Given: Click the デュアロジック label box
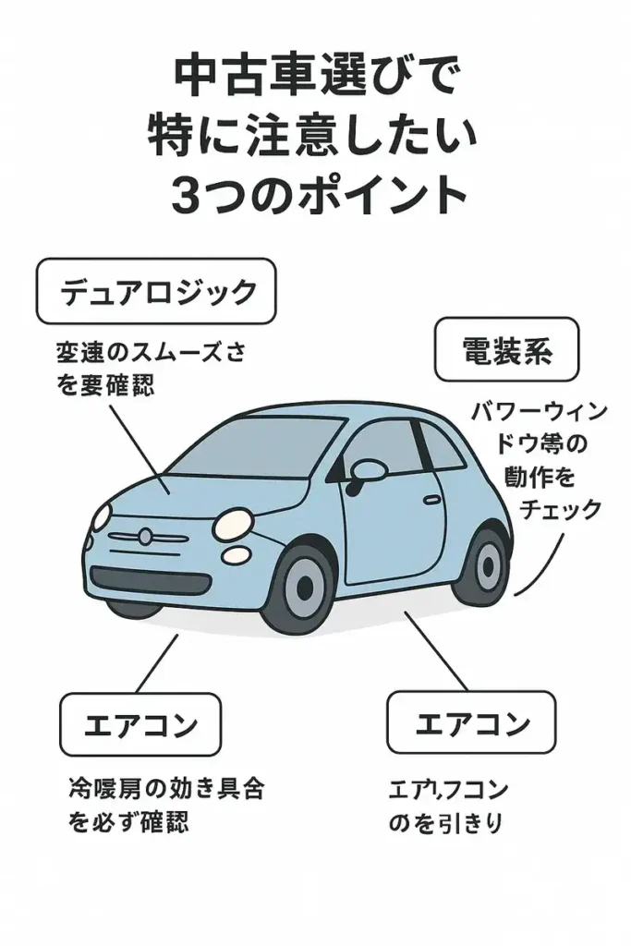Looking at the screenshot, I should click(x=156, y=292).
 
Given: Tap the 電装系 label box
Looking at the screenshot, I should click(x=506, y=350).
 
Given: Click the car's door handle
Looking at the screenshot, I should click(x=431, y=499).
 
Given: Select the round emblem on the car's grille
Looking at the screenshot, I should click(x=145, y=535).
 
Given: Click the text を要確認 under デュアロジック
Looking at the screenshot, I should click(x=105, y=383).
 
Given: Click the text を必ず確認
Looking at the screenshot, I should click(x=128, y=821).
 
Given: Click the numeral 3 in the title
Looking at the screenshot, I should click(x=188, y=194).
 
